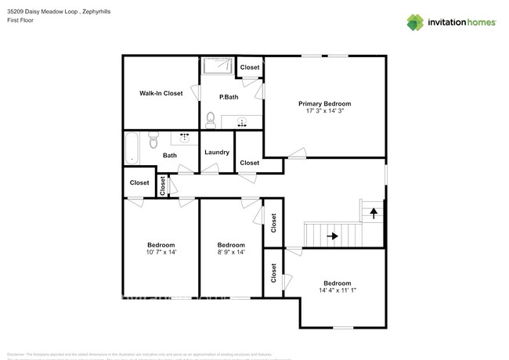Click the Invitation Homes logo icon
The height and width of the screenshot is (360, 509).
[414, 23]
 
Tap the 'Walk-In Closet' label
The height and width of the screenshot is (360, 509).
[161, 93]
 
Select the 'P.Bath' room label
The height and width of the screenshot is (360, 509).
[229, 96]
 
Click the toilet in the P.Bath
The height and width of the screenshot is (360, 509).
[211, 121]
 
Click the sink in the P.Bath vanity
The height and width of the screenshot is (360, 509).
[242, 122]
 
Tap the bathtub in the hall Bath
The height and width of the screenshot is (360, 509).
[132, 148]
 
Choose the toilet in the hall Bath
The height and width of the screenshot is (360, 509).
[154, 140]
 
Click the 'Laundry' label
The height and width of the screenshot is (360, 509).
[216, 152]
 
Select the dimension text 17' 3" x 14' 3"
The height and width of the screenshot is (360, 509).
[324, 111]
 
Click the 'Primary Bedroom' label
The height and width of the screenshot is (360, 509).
[324, 103]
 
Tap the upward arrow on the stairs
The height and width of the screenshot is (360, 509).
[374, 211]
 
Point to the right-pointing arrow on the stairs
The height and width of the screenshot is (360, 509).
[333, 234]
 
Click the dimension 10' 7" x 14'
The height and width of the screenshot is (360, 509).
[161, 252]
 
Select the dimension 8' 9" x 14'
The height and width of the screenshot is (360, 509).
[230, 252]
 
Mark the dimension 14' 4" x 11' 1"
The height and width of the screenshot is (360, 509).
[337, 290]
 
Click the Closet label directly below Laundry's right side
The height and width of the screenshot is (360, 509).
[249, 163]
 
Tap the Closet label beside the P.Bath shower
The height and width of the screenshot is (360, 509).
[249, 67]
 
